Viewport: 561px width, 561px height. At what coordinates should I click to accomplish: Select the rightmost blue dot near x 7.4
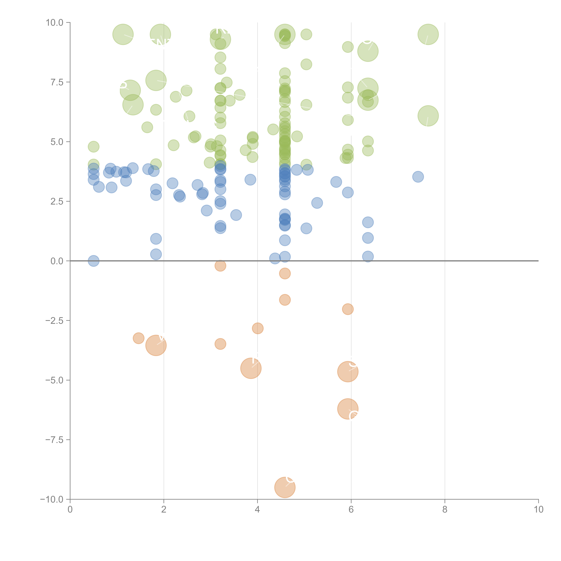tap(418, 176)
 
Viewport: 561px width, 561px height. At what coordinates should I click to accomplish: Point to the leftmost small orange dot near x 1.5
tap(138, 338)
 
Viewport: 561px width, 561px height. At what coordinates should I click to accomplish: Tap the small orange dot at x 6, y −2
tap(348, 309)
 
